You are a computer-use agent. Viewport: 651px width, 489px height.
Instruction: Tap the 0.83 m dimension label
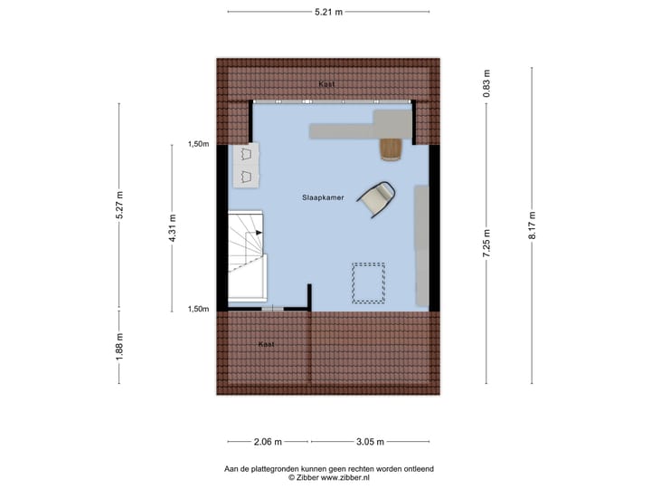[x=486, y=84]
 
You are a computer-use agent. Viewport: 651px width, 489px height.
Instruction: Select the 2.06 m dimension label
[x=267, y=441]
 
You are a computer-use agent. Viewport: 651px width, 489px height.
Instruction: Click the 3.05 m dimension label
[x=369, y=441]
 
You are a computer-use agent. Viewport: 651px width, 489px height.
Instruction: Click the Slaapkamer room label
[x=323, y=197]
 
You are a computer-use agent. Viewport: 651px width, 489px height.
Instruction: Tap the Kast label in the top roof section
[x=326, y=84]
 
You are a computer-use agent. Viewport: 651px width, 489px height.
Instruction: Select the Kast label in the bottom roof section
[x=265, y=344]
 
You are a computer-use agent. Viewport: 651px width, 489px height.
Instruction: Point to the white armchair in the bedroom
[x=376, y=198]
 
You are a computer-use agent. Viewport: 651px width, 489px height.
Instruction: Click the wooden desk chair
[x=391, y=149]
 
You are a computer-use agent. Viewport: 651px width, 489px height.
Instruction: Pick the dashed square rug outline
[x=368, y=282]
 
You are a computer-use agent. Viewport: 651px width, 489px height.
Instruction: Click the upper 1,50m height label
[x=198, y=144]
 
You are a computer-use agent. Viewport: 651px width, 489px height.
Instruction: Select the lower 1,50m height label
[x=198, y=309]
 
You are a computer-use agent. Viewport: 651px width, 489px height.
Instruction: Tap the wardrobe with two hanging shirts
[x=245, y=165]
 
